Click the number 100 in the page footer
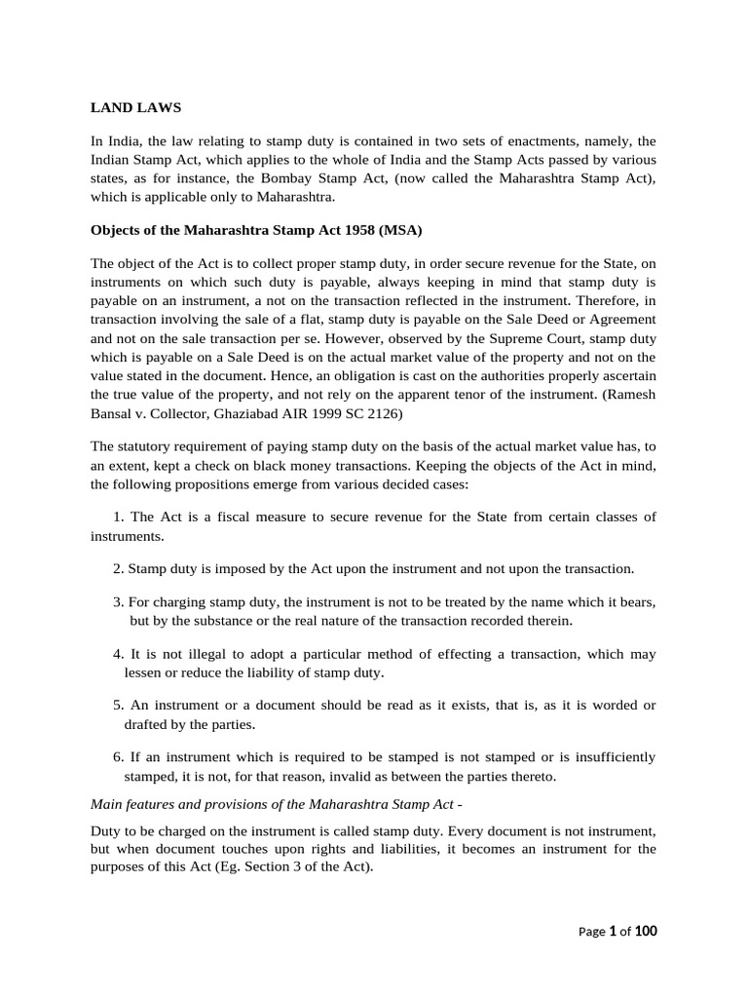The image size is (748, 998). [x=645, y=932]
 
